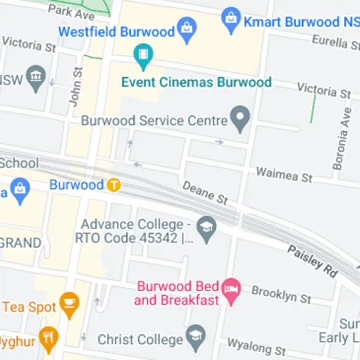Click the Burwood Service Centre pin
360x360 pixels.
click(240, 116)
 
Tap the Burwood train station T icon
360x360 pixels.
click(113, 185)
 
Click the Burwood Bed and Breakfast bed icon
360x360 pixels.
click(230, 291)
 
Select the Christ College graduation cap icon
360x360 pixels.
click(195, 335)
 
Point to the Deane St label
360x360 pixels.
click(205, 192)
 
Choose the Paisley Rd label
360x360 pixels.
click(312, 261)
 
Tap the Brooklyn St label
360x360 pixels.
click(281, 295)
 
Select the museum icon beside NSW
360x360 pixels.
click(35, 76)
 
